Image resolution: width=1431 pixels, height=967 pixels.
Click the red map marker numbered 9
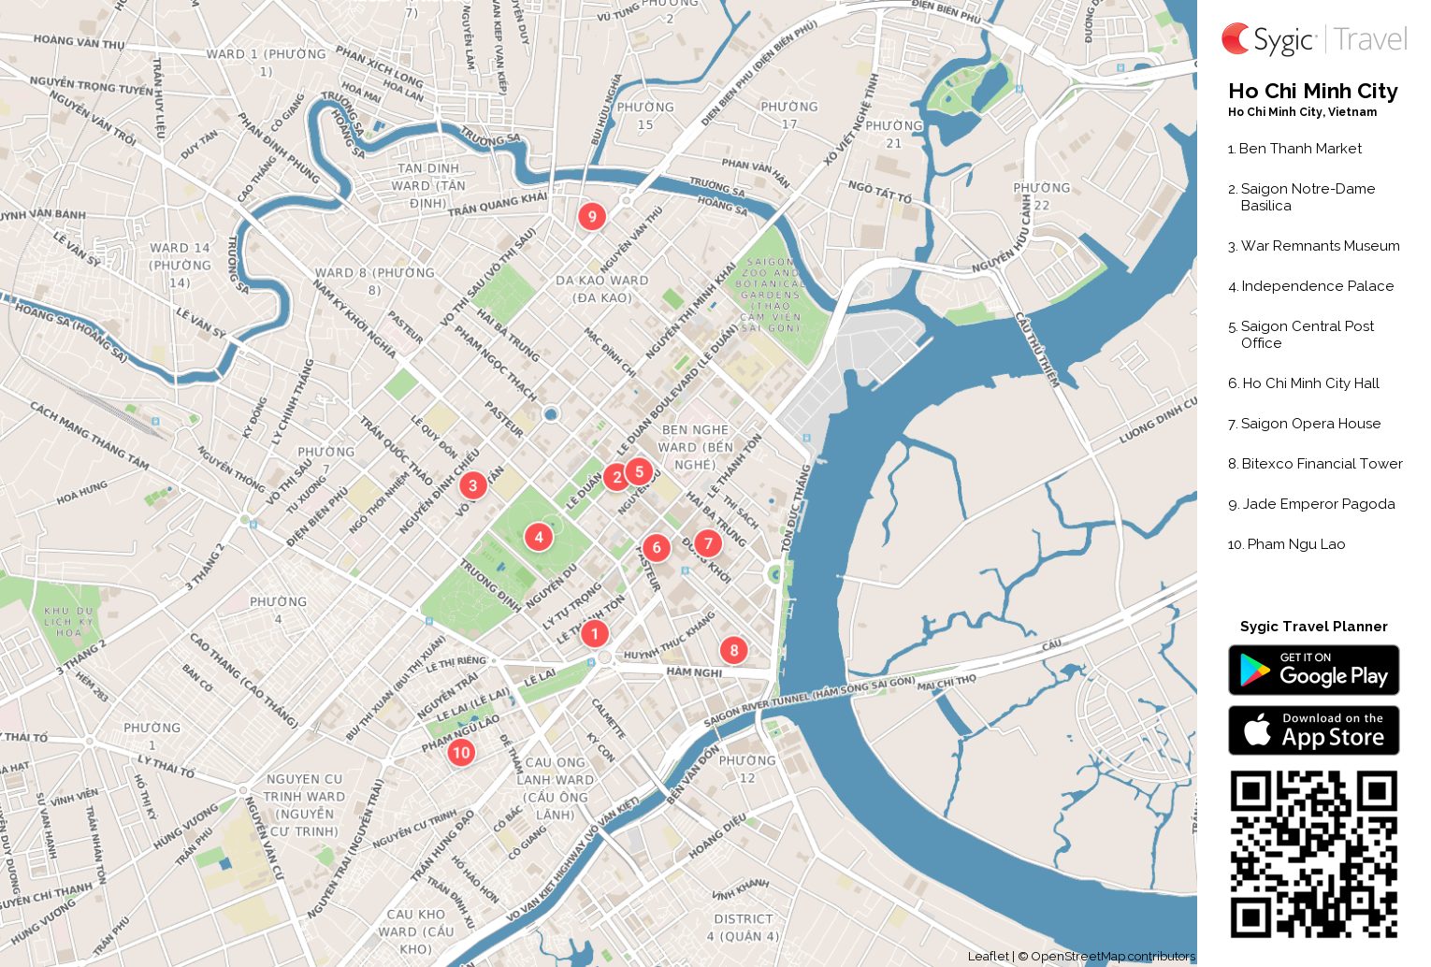pyautogui.click(x=592, y=216)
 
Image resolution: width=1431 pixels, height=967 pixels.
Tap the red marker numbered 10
pyautogui.click(x=461, y=752)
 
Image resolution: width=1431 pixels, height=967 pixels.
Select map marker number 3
pyautogui.click(x=472, y=484)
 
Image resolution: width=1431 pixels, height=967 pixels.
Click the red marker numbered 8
pyautogui.click(x=734, y=650)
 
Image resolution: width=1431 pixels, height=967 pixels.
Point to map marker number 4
pyautogui.click(x=539, y=537)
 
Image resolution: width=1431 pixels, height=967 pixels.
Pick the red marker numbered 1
pyautogui.click(x=595, y=633)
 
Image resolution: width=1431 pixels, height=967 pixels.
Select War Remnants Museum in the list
pyautogui.click(x=1320, y=246)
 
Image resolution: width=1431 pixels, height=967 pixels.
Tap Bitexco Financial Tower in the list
pyautogui.click(x=1322, y=464)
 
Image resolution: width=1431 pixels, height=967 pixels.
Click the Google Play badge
pyautogui.click(x=1313, y=671)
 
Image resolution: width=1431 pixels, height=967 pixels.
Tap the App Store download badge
pyautogui.click(x=1313, y=730)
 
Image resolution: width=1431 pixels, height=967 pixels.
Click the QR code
pyautogui.click(x=1313, y=854)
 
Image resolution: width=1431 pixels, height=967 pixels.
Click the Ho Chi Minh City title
pyautogui.click(x=1312, y=92)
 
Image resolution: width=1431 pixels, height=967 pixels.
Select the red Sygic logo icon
pyautogui.click(x=1236, y=39)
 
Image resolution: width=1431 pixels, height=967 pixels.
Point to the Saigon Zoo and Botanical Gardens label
pyautogui.click(x=770, y=295)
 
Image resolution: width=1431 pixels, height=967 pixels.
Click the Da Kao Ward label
pyautogui.click(x=602, y=289)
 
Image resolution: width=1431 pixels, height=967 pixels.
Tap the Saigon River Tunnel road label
pyautogui.click(x=809, y=701)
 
